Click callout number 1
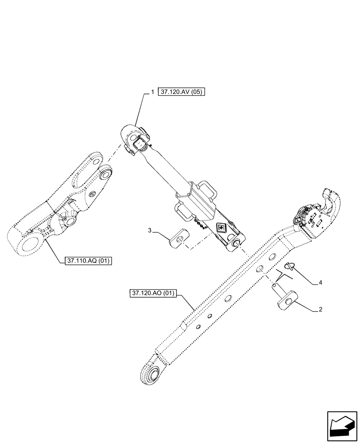[152, 92]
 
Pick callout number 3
[150, 231]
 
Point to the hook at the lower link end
[331, 199]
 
